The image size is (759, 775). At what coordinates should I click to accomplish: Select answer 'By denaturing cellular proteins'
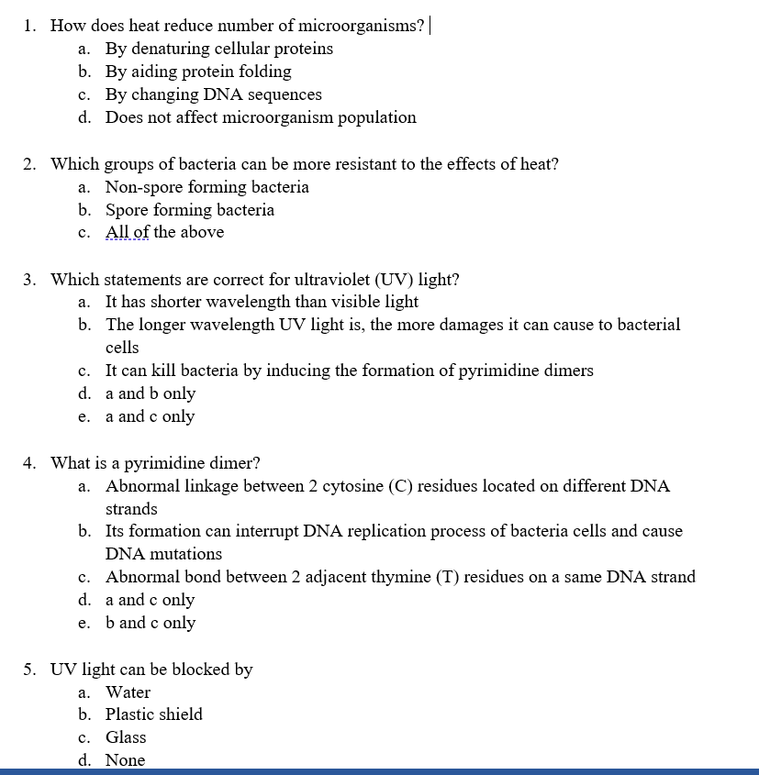click(x=218, y=49)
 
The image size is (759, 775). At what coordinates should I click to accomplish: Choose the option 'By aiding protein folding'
click(x=197, y=72)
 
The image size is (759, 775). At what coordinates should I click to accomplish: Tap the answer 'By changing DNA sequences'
click(x=213, y=94)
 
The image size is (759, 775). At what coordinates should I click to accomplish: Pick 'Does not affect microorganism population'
click(x=260, y=117)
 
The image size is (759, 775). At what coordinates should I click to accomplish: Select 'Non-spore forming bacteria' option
click(x=206, y=187)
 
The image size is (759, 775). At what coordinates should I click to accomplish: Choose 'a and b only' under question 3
click(x=150, y=393)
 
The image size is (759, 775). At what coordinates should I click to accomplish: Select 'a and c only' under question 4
click(x=150, y=600)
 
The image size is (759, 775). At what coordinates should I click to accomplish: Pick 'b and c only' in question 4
click(x=150, y=623)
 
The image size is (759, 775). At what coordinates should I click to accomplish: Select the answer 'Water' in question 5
click(x=128, y=692)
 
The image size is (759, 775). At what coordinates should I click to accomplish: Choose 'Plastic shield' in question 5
click(x=153, y=714)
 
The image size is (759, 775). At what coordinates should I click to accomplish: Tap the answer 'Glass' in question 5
click(x=126, y=737)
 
